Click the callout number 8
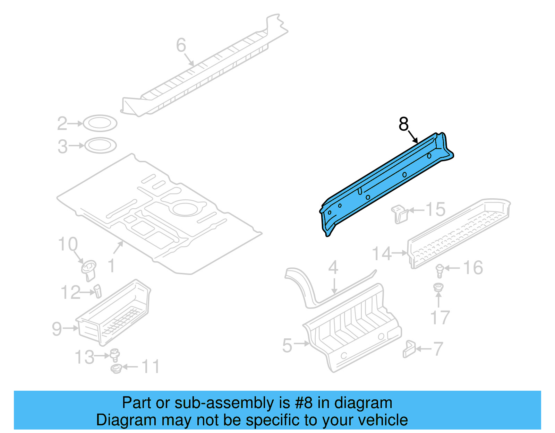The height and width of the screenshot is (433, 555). pos(403,124)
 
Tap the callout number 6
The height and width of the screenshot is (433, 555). pos(181,45)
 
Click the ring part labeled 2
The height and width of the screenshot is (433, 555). pos(100,123)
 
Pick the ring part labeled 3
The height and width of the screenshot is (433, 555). pos(100,146)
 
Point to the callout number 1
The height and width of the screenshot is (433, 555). pos(111,266)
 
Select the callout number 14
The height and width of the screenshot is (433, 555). pos(382,253)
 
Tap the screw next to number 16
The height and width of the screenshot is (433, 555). pos(440,270)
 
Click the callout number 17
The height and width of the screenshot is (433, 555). pos(440,318)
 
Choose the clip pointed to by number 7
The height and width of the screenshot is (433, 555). pos(409,349)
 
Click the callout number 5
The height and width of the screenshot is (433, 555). pos(287,346)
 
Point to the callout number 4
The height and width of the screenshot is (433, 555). pos(333,267)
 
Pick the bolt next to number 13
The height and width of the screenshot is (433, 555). pos(114,355)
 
